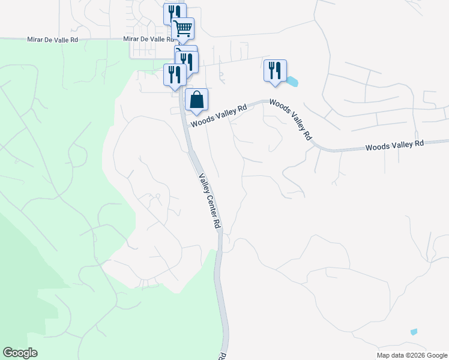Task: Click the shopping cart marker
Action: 182,28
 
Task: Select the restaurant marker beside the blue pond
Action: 275,70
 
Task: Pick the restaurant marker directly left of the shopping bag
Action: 175,74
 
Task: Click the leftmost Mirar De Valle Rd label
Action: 53,40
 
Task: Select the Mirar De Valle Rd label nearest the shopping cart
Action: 143,39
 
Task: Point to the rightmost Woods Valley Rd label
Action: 394,145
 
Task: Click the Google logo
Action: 20,353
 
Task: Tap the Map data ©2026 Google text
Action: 412,355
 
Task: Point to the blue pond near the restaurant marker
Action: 292,81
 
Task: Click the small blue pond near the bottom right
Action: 414,332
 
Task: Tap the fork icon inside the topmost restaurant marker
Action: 172,12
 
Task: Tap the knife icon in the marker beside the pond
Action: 279,70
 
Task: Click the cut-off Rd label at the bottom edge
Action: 221,356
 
